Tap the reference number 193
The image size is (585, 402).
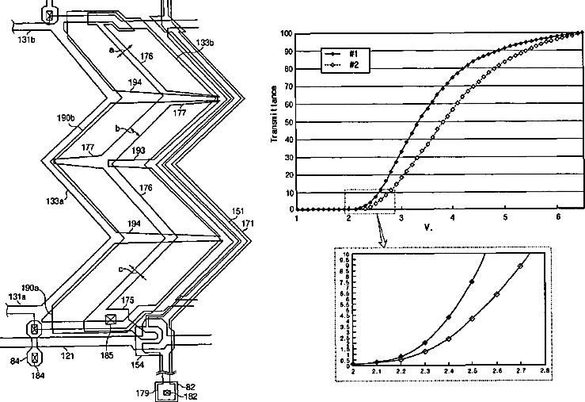click(139, 151)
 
